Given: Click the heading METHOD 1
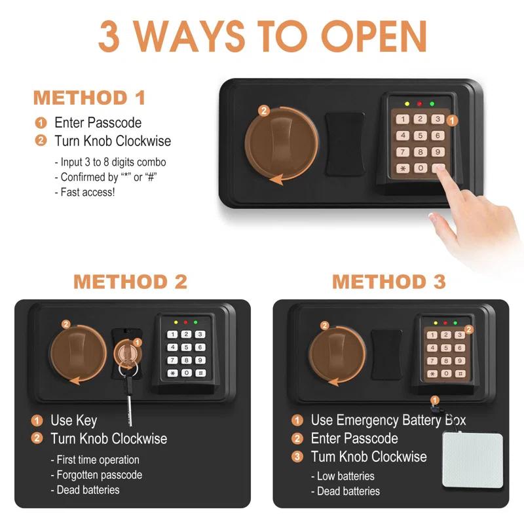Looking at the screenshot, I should pos(89,98).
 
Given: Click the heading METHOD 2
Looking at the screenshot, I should pos(130,282).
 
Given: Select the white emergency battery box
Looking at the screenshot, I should pos(472,460).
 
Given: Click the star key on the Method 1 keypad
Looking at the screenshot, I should pos(403,168).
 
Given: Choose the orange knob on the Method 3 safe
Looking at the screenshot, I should pos(337,354).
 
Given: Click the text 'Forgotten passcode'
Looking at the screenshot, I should pos(99,475).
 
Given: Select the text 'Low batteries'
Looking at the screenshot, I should pos(346,476).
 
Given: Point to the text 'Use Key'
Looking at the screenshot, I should pos(74,421).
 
